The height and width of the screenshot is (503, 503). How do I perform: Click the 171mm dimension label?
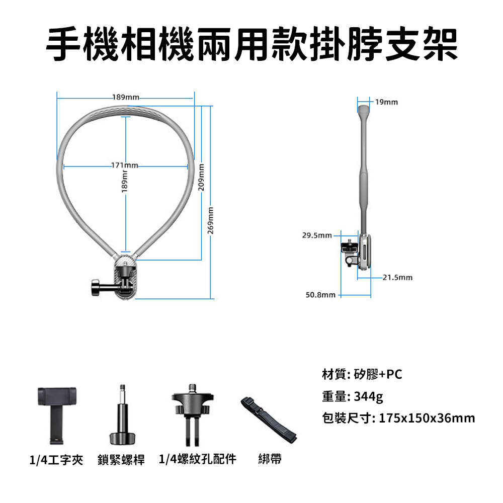[x=124, y=165]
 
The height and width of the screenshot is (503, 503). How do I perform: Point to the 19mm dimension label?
[x=386, y=102]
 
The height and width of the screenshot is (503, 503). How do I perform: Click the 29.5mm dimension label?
[x=317, y=235]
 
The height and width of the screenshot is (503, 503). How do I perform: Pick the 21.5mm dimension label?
[x=397, y=277]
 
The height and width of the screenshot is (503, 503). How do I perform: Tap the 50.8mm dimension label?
[x=320, y=294]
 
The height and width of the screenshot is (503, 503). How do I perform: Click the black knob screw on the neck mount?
[x=97, y=288]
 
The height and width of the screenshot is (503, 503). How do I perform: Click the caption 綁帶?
[x=270, y=459]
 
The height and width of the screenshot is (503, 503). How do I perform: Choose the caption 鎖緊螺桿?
[x=121, y=459]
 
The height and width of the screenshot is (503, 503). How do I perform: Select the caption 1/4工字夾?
[x=56, y=459]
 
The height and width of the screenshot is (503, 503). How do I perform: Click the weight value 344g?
[x=369, y=396]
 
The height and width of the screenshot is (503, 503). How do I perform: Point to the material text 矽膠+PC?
[x=378, y=374]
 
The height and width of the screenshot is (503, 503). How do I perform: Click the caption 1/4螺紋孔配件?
[x=197, y=459]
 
